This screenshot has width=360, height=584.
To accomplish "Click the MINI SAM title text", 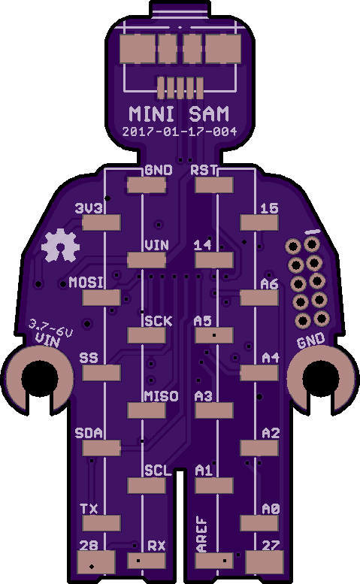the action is coord(179,114).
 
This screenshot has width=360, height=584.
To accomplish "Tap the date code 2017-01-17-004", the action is coord(180,132).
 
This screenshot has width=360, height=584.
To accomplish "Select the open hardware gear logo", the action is coord(60,246).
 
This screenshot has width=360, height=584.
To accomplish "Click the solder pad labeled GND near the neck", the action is coord(147,185).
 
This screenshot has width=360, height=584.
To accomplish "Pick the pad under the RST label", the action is coord(214,185).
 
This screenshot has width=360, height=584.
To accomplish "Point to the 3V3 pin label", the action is coord(89,208).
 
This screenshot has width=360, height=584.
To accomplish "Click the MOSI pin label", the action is coord(86,283).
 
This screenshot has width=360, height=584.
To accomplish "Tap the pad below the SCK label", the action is coord(147,335).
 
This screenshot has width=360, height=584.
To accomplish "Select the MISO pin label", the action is coord(161,396).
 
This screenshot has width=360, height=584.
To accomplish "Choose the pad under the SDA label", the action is coord(101,448).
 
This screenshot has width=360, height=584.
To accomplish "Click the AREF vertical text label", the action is coord(201,534).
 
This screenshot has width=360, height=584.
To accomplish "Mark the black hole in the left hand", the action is coord(40,378).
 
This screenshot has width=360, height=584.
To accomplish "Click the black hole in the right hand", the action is coord(321,378).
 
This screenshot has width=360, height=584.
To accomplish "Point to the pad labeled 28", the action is coord(96,562).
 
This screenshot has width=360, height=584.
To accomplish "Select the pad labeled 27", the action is coord(265,562).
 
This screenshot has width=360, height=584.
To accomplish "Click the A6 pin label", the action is coord(270,284).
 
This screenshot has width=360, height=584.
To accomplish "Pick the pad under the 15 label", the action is coord(259,222).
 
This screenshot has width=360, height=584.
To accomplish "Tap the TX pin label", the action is coord(89,509).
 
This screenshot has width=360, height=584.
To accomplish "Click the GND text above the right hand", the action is coord(311,340).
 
